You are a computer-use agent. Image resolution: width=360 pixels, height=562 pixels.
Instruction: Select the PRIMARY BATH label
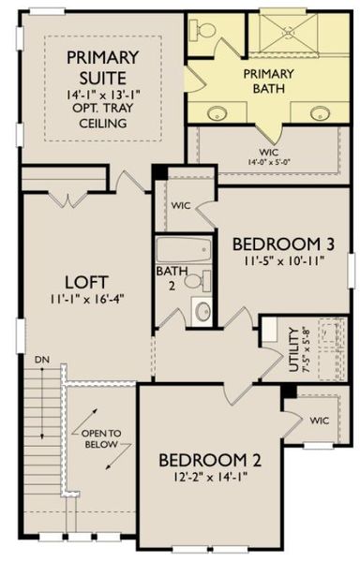pyautogui.click(x=268, y=81)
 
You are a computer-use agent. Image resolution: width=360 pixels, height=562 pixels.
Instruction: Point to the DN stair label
pyautogui.click(x=39, y=359)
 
